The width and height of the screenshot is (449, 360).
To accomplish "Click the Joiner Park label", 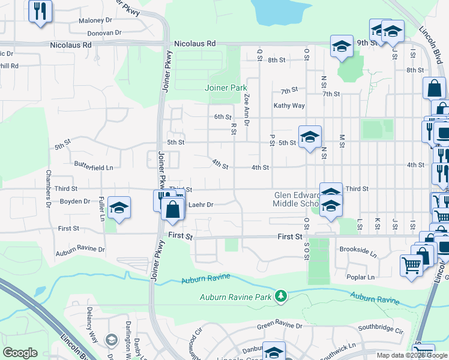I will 226,88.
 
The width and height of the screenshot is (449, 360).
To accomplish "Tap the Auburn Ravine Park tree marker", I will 280,296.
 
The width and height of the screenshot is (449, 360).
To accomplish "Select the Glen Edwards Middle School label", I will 298,199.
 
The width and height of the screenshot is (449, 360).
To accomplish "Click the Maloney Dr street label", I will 96,21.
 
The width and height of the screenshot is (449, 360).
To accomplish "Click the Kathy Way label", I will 289,106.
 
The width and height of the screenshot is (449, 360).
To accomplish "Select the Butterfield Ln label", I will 94,164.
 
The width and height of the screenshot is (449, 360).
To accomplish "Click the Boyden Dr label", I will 75,202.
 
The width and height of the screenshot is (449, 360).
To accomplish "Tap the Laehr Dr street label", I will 201,205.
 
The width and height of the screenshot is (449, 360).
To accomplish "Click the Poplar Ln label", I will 361,277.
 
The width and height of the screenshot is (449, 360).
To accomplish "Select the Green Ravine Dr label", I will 280,325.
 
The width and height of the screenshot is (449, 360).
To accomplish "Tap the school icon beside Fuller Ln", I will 119,208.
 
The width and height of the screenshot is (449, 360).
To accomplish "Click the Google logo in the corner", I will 20,353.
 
